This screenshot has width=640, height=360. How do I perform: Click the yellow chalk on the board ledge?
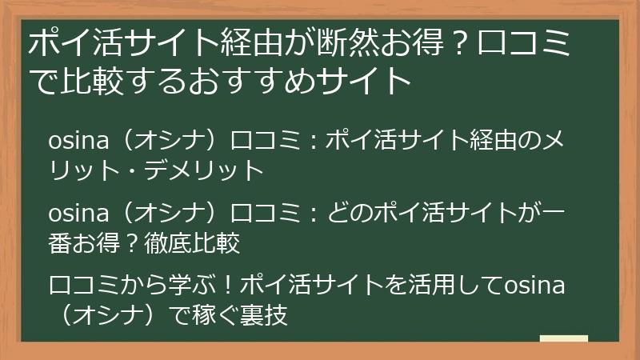[x=563, y=338]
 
